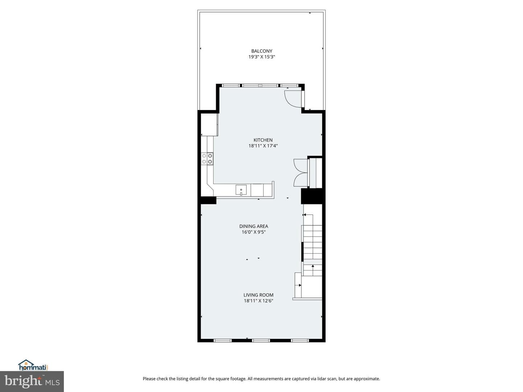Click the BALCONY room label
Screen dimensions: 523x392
point(261,51)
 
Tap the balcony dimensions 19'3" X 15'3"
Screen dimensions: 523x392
point(261,57)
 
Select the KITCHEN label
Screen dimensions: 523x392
point(263,140)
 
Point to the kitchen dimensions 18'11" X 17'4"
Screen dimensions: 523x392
point(263,146)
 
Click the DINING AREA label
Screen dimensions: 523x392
point(254,226)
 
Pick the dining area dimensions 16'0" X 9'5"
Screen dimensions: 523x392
point(254,232)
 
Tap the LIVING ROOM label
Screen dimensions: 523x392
point(258,295)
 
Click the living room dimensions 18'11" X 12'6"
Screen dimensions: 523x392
point(258,301)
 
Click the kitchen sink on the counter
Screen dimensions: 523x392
point(241,190)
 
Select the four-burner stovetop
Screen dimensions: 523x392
point(207,159)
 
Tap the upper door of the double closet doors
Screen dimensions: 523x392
point(300,166)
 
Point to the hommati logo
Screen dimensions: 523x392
point(33,366)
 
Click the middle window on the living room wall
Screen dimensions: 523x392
point(261,340)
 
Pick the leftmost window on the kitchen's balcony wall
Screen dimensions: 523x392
point(231,85)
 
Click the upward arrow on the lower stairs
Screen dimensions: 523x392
point(313,267)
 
